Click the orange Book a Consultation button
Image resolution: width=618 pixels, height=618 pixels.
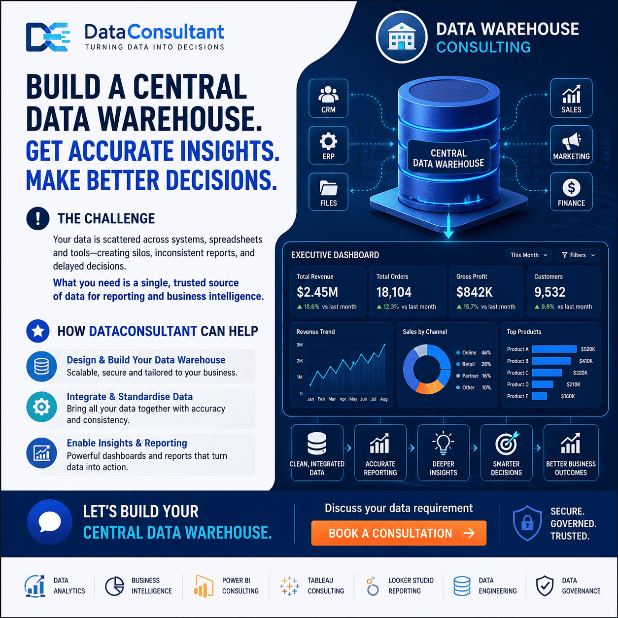click(x=399, y=533)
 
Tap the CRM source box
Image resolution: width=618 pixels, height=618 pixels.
click(x=328, y=98)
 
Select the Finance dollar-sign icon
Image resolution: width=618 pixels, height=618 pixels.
click(x=571, y=187)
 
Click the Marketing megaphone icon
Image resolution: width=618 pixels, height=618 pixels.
click(x=571, y=140)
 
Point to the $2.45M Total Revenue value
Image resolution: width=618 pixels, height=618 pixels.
click(x=317, y=292)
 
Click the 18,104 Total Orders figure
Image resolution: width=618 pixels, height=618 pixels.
click(x=393, y=292)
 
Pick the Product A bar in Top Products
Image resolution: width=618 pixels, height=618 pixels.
click(x=554, y=349)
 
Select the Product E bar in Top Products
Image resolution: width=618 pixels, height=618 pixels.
click(x=540, y=396)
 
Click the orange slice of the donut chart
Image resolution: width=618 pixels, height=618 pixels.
click(x=430, y=386)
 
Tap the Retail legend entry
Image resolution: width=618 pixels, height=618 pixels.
click(x=474, y=364)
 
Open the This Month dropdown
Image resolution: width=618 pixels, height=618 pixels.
click(x=529, y=255)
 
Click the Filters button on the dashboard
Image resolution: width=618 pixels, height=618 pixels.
click(x=578, y=255)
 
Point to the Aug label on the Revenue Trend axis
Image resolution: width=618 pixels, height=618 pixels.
click(x=383, y=399)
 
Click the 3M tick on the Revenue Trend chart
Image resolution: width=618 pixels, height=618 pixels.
click(x=299, y=345)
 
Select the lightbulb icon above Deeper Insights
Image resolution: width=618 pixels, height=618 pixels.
click(x=443, y=443)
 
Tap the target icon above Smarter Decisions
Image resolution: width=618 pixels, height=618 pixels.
click(x=507, y=443)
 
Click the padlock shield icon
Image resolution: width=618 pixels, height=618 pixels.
click(x=527, y=523)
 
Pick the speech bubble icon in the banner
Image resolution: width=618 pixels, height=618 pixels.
click(x=49, y=522)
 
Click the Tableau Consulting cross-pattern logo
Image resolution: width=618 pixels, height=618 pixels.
click(x=289, y=585)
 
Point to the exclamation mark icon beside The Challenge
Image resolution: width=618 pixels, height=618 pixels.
click(x=38, y=218)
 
